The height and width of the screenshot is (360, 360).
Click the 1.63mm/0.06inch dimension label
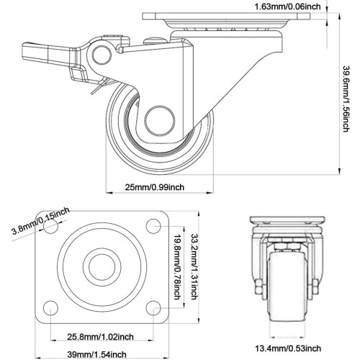click(x=287, y=6)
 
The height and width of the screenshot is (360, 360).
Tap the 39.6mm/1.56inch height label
click(x=346, y=99)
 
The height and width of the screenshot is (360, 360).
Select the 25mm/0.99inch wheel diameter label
click(x=155, y=187)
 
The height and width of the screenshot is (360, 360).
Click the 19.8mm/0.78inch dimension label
click(x=177, y=267)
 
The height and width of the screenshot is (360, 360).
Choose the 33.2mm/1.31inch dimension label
click(x=194, y=266)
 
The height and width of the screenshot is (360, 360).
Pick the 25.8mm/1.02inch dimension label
click(x=100, y=337)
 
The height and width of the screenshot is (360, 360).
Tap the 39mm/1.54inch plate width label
click(x=96, y=354)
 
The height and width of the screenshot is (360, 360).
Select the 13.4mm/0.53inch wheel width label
click(x=288, y=348)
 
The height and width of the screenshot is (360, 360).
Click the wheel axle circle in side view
click(x=160, y=121)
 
